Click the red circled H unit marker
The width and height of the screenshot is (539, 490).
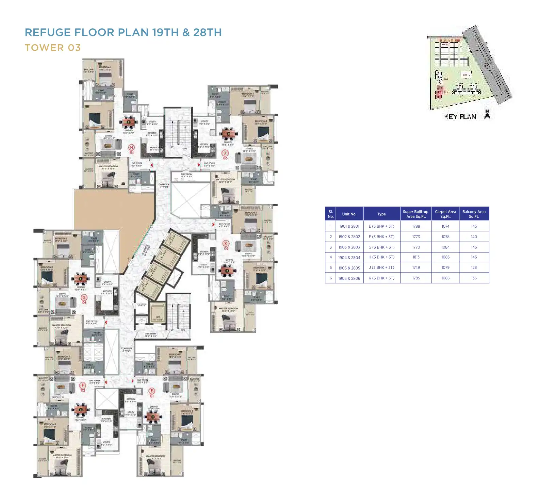(132, 147)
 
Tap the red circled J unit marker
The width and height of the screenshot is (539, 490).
(225, 153)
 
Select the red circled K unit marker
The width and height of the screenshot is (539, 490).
(226, 244)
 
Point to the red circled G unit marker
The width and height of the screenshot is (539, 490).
(84, 298)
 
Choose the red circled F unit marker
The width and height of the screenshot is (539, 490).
(82, 386)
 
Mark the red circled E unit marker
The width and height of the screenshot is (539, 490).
(152, 391)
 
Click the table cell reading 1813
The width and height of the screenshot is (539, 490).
(416, 257)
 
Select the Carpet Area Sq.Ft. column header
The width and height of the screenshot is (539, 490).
(445, 214)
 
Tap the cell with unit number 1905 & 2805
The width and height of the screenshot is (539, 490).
(349, 268)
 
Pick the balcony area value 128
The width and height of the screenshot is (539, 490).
(474, 268)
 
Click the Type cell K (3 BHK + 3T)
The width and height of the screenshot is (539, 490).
(381, 278)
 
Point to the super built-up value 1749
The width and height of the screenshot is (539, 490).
(416, 268)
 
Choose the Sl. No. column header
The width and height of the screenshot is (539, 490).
(330, 214)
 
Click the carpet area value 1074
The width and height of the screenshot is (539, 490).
(445, 226)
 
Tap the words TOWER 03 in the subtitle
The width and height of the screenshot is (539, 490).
(53, 48)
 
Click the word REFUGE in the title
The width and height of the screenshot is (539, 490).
(48, 32)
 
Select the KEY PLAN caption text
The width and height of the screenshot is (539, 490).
(461, 117)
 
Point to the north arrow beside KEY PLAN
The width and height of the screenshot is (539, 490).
(487, 115)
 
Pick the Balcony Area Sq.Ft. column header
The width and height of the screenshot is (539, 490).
(474, 214)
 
